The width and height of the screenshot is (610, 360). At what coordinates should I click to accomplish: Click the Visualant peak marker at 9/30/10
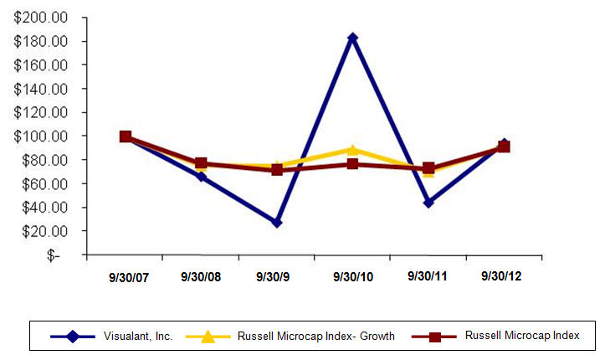click(x=352, y=38)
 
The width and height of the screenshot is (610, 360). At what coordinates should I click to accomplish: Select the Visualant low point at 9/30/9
click(x=276, y=223)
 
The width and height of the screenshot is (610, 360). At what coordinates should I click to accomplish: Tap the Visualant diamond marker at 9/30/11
click(x=428, y=203)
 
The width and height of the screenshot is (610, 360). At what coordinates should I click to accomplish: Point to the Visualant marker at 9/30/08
click(x=201, y=177)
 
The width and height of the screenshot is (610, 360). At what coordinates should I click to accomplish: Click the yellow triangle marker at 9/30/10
click(x=352, y=150)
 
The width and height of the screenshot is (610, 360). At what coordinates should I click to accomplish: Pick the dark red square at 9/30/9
click(x=276, y=169)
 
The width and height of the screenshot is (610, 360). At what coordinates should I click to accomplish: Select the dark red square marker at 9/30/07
click(x=126, y=136)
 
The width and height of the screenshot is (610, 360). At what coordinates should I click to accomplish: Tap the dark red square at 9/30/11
click(x=428, y=168)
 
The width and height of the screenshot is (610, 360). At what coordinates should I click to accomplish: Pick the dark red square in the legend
click(x=434, y=336)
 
